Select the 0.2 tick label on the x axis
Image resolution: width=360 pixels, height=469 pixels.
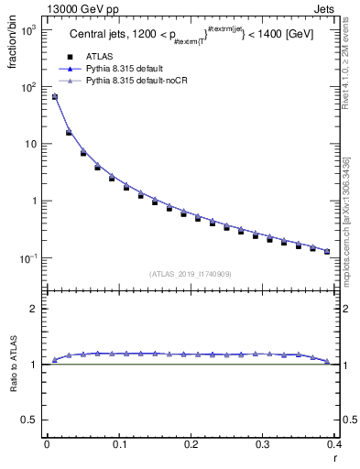(190, 446)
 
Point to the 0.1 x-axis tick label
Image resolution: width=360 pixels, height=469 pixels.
(118, 446)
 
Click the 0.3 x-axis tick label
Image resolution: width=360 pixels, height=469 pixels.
(262, 446)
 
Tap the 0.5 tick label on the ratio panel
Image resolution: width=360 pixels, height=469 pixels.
(32, 420)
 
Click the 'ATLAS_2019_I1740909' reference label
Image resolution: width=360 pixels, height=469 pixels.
(190, 274)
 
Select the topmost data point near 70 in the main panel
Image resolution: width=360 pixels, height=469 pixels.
(54, 96)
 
